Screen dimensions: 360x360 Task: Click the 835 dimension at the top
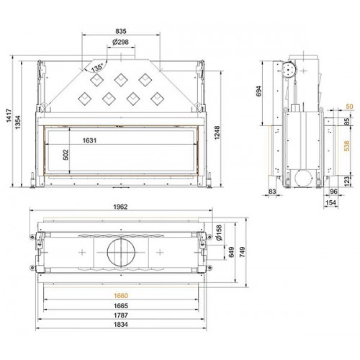pos(121,31)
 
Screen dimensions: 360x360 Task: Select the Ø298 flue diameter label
pos(120,42)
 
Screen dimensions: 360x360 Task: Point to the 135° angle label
pos(97,68)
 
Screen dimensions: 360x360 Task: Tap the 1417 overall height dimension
pos(9,116)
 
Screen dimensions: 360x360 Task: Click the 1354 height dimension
pos(18,122)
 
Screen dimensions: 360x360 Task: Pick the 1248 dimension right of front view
pos(217,132)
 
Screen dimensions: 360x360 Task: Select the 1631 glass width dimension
pos(89,140)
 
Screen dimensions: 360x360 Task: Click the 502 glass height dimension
pos(66,155)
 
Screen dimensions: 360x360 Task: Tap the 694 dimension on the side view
pos(259,91)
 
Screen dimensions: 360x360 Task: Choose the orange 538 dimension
pos(346,146)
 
